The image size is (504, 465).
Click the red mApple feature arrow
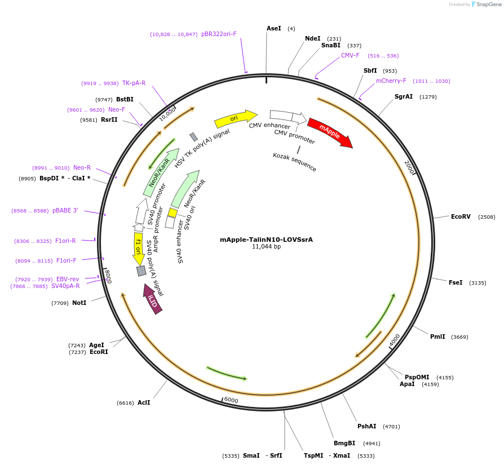coord(330,132)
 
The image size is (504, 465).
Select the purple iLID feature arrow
coord(153,299)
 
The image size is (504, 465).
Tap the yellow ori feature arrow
coord(235,118)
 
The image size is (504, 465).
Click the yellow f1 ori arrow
coord(138,249)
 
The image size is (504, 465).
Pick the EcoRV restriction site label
coord(461,217)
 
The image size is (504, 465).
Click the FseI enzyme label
coord(456,282)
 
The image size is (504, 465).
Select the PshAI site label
coord(366,426)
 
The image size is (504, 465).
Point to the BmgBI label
coord(344,443)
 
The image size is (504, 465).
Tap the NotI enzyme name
coord(79,303)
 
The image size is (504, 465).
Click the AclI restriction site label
coord(144,402)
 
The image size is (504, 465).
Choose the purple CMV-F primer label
coord(350,56)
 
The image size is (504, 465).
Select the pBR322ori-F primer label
coord(219,34)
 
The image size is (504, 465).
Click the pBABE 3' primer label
coord(65,211)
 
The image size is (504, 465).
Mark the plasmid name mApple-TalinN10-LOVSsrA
coord(266,240)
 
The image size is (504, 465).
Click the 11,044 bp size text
coord(266,247)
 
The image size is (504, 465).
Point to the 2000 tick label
coord(409,167)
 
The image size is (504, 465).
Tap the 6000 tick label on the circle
coord(231,400)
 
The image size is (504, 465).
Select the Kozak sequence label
coord(294,162)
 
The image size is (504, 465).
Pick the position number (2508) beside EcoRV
coord(487,217)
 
